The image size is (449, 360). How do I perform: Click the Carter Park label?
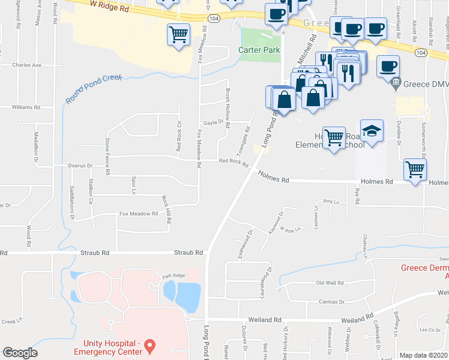(260, 50)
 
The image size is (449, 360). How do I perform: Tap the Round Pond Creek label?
(94, 89)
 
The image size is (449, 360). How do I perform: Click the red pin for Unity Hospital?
(151, 346)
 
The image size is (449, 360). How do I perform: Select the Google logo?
(20, 353)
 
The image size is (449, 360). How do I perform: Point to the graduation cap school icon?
(372, 132)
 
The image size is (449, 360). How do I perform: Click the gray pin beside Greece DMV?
(395, 85)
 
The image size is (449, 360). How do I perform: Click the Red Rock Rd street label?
(234, 161)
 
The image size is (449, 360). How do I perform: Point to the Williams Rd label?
(26, 107)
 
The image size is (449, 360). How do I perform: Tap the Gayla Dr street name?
(213, 122)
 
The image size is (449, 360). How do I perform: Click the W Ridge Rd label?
(109, 6)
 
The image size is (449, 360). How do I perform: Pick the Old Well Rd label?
(330, 283)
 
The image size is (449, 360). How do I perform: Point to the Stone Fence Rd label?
(107, 155)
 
